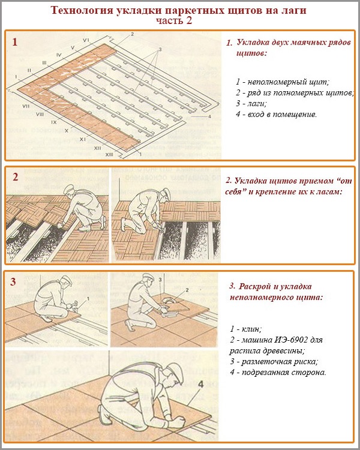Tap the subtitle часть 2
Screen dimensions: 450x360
pyautogui.click(x=179, y=21)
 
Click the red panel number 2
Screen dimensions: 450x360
pyautogui.click(x=16, y=176)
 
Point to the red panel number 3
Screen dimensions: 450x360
pyautogui.click(x=16, y=281)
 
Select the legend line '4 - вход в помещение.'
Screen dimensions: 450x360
pyautogui.click(x=276, y=114)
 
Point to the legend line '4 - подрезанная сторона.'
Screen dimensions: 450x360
pyautogui.click(x=277, y=373)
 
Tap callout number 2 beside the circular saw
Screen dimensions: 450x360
pyautogui.click(x=187, y=290)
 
